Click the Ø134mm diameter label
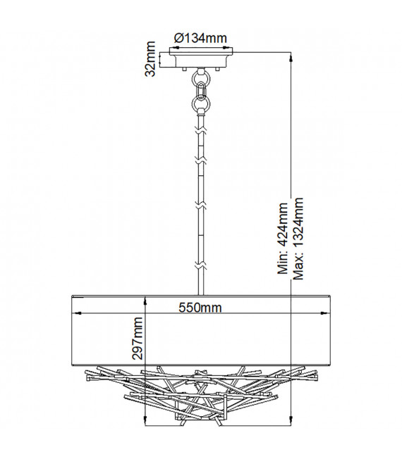pos(200,38)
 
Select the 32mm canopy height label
pos(150,59)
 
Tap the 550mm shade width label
pos(200,308)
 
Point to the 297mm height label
pos(138,338)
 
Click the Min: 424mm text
pos(283,238)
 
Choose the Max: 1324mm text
pos(298,239)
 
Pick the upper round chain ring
pos(201,78)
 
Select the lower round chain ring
pos(201,103)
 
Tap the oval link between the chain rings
pos(201,91)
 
